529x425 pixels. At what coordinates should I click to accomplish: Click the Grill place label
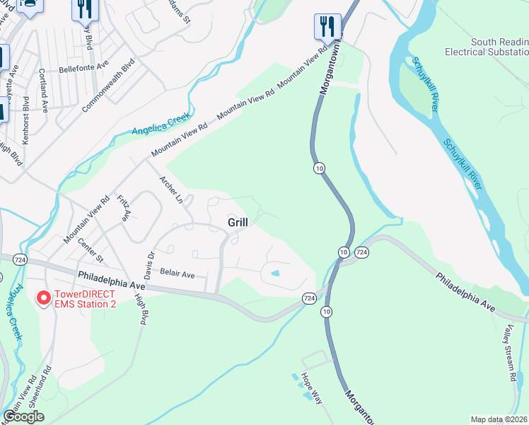238,222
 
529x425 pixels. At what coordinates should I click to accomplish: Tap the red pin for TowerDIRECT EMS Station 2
43,299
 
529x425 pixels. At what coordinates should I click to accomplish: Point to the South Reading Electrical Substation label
487,47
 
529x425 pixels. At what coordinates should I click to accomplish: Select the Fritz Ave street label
124,208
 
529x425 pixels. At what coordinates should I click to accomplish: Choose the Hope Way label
312,388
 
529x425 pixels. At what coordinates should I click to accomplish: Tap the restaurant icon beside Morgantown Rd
327,28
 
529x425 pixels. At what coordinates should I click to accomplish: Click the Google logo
23,416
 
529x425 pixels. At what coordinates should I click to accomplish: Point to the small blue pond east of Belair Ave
275,273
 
